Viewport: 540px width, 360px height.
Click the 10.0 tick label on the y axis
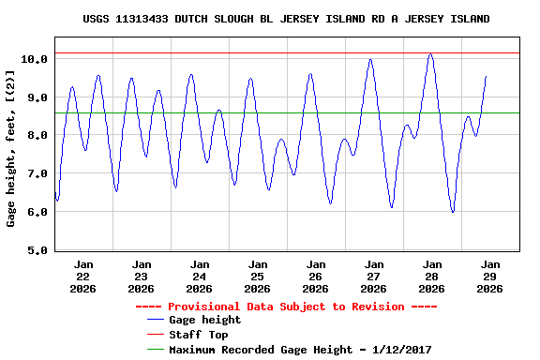click(x=35, y=59)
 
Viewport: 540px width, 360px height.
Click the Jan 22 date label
click(x=83, y=277)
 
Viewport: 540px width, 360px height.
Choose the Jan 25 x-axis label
click(x=258, y=277)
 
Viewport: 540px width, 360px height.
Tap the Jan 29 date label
click(x=490, y=277)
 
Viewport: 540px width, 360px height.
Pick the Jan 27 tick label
click(x=374, y=277)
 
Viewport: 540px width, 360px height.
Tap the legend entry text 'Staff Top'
click(x=198, y=335)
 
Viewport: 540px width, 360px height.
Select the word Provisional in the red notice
click(x=201, y=307)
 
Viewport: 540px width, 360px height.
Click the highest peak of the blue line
click(x=430, y=54)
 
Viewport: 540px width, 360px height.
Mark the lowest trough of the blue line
click(x=453, y=212)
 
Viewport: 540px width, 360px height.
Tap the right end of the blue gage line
click(x=486, y=76)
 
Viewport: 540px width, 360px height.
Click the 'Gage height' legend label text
click(x=204, y=321)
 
